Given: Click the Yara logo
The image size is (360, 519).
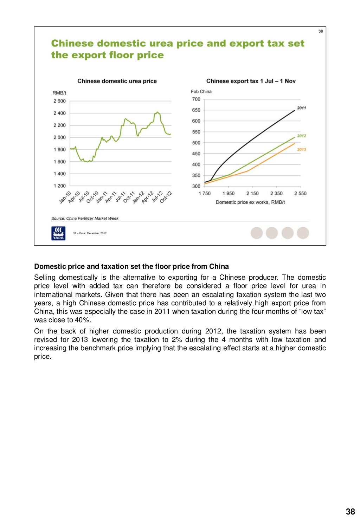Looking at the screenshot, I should click(x=58, y=233).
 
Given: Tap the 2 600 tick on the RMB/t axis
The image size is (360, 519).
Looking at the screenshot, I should click(x=59, y=101).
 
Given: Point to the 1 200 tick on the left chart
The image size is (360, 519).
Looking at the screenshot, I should click(x=59, y=186).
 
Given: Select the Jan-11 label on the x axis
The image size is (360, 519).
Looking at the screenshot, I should click(x=102, y=197).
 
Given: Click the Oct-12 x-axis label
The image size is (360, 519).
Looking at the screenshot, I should click(x=166, y=197).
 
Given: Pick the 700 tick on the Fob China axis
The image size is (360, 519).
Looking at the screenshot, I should click(x=196, y=99).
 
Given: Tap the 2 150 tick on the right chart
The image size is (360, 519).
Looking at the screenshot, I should click(x=252, y=194).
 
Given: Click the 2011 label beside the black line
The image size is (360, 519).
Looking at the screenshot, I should click(x=302, y=108).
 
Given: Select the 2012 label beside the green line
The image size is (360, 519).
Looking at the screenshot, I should click(x=302, y=136).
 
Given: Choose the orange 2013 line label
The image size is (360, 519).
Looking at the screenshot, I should click(x=302, y=150).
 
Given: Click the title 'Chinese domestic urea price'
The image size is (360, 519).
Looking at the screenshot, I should click(x=117, y=81).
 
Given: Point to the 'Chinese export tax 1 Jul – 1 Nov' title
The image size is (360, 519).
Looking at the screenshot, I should click(x=251, y=81).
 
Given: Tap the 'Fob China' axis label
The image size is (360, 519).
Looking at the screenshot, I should click(x=201, y=92).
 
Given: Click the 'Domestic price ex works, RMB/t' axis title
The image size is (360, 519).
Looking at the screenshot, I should click(x=250, y=202).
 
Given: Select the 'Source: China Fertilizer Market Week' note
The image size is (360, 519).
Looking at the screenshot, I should click(x=85, y=219).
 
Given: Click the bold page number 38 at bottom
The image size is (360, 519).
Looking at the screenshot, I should click(x=350, y=512).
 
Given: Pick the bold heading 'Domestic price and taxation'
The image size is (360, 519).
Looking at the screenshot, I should click(x=131, y=267).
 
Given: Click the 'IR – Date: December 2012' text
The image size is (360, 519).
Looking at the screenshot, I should click(x=90, y=233).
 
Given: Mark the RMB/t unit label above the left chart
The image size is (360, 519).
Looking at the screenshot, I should click(x=59, y=93).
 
